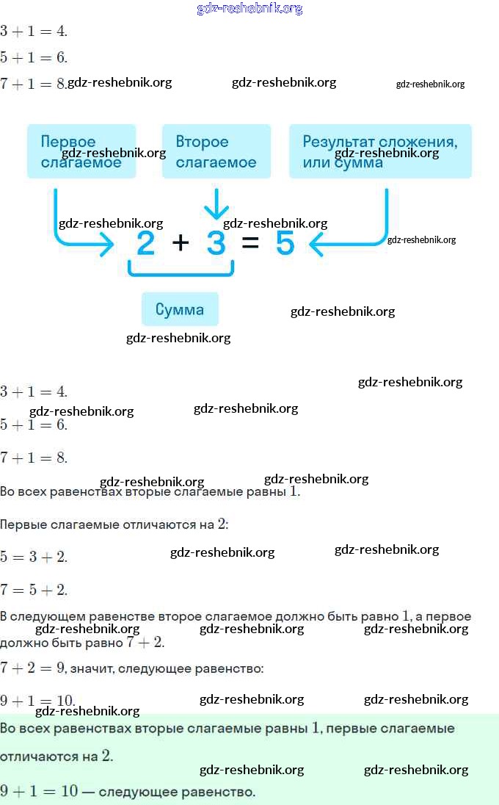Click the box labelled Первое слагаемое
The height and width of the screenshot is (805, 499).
point(81,151)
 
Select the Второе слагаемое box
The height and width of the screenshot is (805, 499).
point(216,151)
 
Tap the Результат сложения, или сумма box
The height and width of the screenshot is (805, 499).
point(380,151)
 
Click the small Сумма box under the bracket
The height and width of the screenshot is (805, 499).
point(180,309)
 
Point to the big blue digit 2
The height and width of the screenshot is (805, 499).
point(145,243)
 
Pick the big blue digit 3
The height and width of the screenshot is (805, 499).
point(216,243)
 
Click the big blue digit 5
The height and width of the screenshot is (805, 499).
point(285,243)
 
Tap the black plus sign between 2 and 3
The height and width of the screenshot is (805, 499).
point(180,243)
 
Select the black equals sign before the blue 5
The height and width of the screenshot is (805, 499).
point(250,243)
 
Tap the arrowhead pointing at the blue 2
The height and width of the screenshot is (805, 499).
point(107,245)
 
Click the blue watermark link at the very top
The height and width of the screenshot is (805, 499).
point(249,9)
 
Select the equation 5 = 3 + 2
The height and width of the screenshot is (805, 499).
point(34,557)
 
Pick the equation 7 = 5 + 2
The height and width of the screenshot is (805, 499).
point(34,590)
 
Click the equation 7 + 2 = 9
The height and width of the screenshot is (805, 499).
point(33,668)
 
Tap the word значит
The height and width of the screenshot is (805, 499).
point(92,668)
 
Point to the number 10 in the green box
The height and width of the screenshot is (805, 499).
point(69,791)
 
